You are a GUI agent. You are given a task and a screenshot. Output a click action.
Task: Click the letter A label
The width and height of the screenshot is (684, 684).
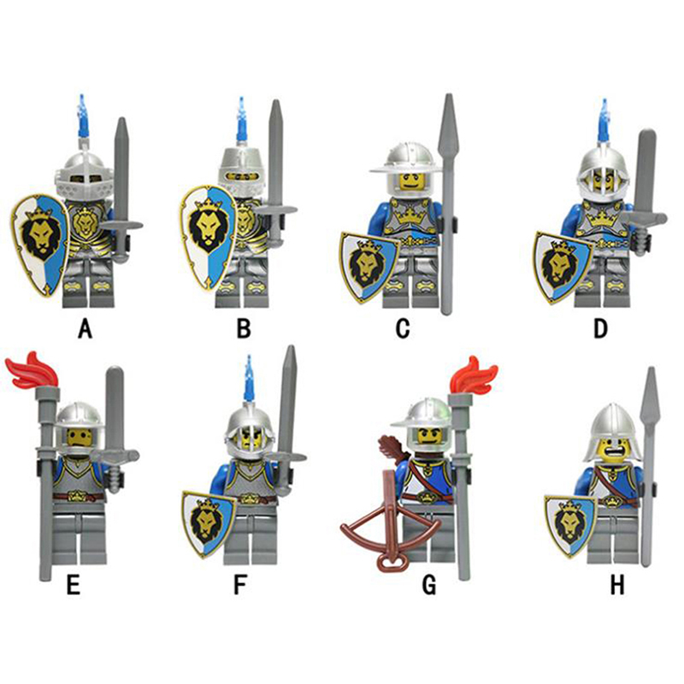pyautogui.click(x=84, y=327)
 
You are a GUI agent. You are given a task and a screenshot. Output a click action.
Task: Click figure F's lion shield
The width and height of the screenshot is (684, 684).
pyautogui.click(x=207, y=520)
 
